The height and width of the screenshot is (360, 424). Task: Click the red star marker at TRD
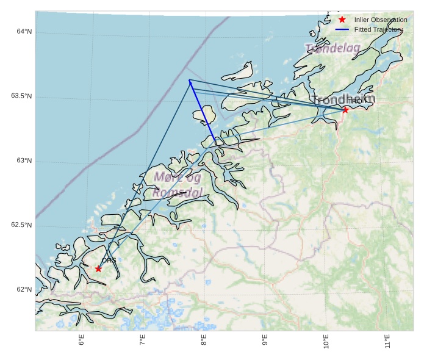(345, 110)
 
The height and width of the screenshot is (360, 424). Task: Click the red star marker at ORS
(98, 268)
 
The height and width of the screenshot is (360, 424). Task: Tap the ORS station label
(109, 261)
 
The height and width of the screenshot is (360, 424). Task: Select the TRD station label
(354, 101)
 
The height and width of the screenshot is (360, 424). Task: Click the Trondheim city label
(343, 99)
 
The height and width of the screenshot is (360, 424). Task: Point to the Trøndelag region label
(332, 48)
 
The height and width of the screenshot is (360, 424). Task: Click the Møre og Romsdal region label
(178, 185)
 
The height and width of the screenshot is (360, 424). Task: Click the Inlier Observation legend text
(381, 20)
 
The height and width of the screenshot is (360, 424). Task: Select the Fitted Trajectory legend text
(378, 29)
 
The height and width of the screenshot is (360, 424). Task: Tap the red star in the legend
(342, 20)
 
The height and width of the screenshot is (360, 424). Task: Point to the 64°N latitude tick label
(24, 32)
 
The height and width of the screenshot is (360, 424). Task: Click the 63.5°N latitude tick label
(21, 96)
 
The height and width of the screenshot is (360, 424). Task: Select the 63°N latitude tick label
(24, 161)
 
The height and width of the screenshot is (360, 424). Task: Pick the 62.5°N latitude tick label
(21, 225)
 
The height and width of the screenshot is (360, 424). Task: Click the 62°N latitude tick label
(24, 290)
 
